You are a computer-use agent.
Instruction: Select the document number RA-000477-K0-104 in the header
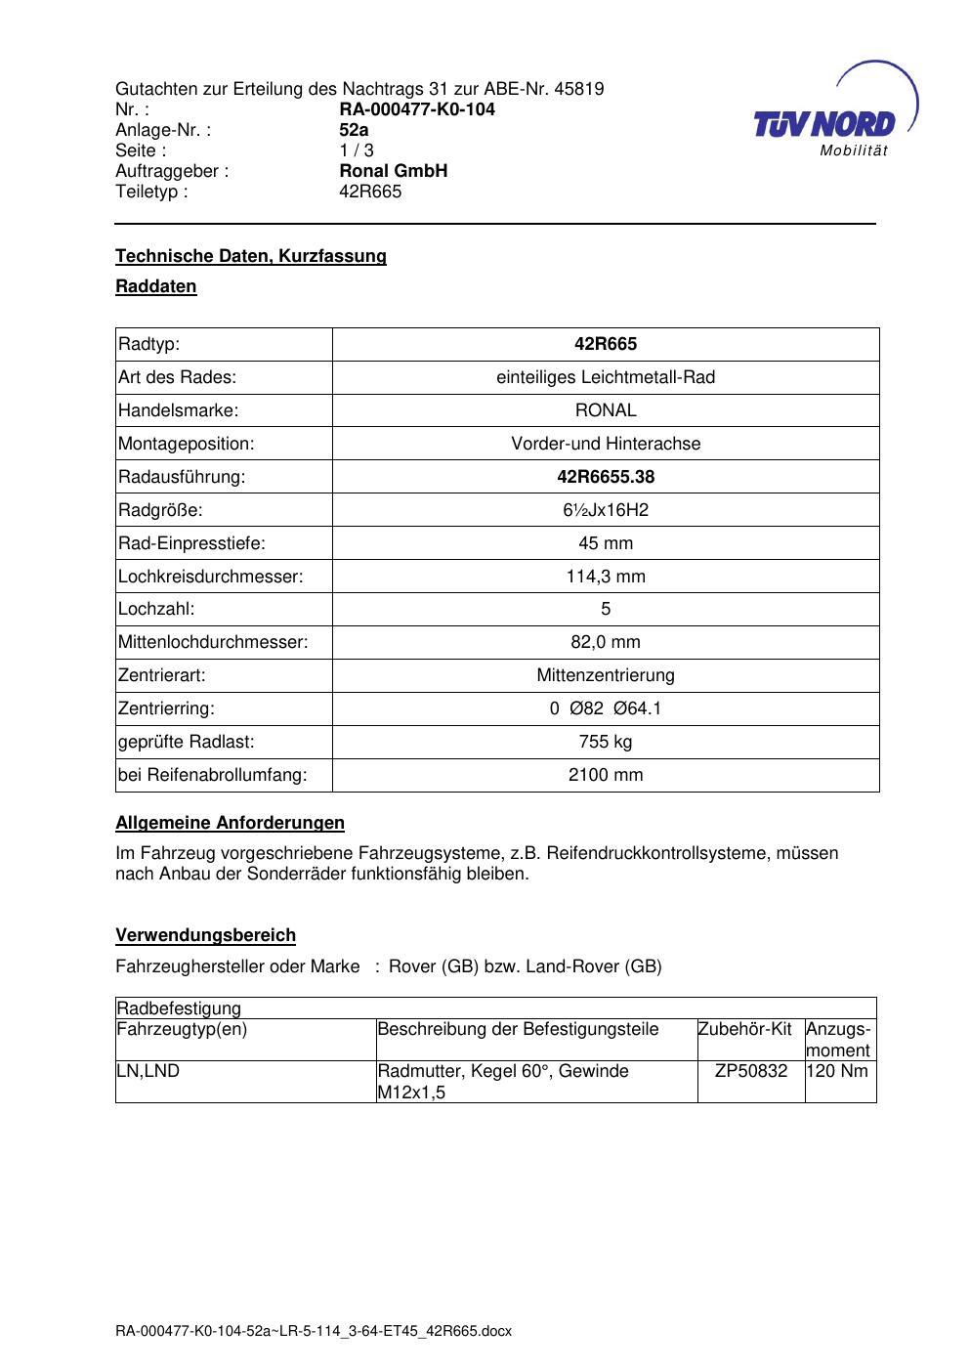point(417,109)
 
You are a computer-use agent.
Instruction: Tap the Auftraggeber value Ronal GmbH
point(394,171)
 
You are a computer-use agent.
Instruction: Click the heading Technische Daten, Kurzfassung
point(251,256)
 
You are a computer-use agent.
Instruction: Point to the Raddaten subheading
point(156,286)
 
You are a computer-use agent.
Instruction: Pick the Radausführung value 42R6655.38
point(606,477)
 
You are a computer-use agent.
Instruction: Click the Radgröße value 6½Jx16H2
point(606,510)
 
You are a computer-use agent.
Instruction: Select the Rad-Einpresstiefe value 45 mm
point(606,543)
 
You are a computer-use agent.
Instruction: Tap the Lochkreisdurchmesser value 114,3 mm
point(606,577)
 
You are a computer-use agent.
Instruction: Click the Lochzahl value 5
point(606,609)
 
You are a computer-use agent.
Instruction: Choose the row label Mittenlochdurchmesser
point(213,642)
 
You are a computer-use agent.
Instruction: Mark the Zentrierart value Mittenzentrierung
point(606,675)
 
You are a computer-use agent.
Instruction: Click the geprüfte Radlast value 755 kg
point(606,742)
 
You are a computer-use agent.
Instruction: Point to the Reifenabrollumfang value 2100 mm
point(606,775)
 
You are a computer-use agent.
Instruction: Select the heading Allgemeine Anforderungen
point(230,823)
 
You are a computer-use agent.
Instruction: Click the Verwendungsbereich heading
point(205,935)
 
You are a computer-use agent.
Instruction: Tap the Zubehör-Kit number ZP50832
point(751,1071)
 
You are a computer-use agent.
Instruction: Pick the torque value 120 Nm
point(838,1071)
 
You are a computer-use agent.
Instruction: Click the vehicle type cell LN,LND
point(148,1071)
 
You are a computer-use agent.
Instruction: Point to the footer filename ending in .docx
point(314,1331)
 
